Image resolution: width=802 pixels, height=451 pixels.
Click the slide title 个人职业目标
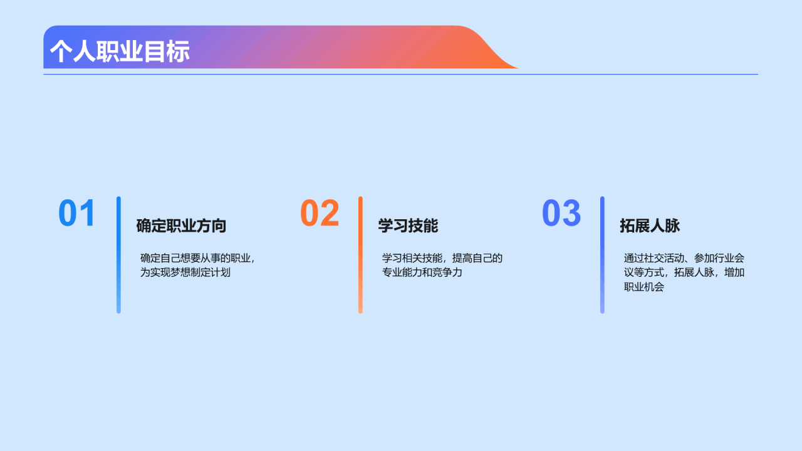point(120,51)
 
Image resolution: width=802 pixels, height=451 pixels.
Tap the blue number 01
point(76,214)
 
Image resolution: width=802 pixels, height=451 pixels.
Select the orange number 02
point(320,214)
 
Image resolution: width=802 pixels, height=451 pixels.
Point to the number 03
point(561,214)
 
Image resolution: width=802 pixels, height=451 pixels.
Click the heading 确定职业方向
point(181,226)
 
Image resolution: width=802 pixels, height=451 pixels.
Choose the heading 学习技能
point(408,226)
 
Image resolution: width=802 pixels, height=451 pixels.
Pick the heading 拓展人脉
point(650,226)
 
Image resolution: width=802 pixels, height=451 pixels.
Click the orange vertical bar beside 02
point(360,255)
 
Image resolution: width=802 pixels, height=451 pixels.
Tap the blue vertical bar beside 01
point(118,255)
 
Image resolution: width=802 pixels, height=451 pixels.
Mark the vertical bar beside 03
point(602,255)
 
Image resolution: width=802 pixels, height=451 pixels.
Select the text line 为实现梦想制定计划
point(185,272)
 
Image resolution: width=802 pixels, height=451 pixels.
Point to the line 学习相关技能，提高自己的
point(442,258)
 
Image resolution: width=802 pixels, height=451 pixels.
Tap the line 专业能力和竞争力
point(422,272)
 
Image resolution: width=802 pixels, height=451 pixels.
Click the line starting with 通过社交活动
point(684,258)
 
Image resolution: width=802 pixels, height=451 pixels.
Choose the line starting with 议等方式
point(684,272)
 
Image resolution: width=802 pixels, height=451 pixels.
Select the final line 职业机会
point(644,287)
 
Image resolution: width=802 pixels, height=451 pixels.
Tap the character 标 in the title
point(179,51)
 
